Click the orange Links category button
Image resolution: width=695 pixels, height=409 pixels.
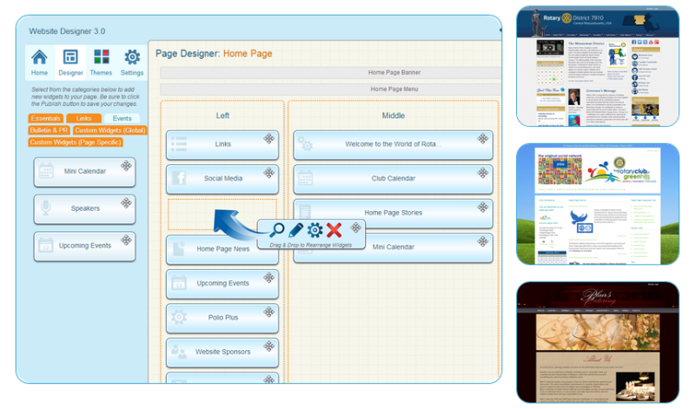[x=83, y=118]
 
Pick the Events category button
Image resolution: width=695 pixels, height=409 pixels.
[x=122, y=118]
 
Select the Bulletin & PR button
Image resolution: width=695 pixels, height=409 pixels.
[x=49, y=130]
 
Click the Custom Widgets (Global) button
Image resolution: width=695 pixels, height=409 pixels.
[x=109, y=130]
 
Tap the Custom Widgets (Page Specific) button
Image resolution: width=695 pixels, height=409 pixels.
[x=75, y=142]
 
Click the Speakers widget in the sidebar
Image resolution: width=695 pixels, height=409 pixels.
[x=84, y=208]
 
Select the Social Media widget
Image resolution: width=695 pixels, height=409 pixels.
[x=222, y=179]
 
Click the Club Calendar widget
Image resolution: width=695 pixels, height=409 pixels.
[x=393, y=179]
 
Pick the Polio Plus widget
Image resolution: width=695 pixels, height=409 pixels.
[x=222, y=318]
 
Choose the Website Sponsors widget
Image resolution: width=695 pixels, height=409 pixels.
[x=222, y=353]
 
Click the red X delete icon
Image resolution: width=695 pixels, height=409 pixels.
[x=334, y=230]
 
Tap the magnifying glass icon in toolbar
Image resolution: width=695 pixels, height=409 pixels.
[x=277, y=230]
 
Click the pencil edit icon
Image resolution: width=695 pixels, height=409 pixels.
[x=295, y=230]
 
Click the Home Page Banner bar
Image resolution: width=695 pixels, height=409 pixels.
[x=330, y=73]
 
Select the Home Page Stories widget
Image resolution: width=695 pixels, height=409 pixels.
[x=393, y=213]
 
